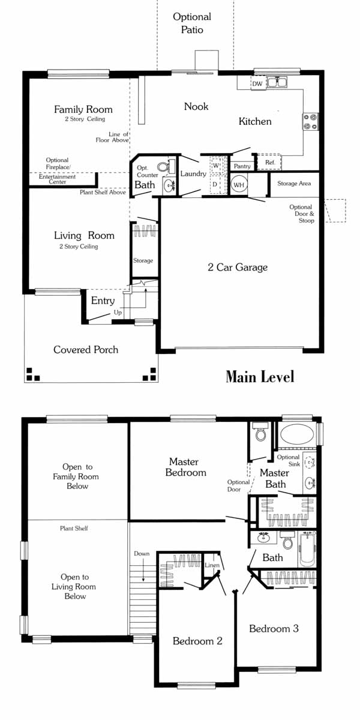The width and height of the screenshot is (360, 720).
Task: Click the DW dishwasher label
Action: point(257,84)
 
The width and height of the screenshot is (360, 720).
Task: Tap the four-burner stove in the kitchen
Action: point(311,122)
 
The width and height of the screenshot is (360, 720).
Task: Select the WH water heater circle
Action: point(239,185)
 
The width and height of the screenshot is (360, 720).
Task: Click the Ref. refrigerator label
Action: point(270,163)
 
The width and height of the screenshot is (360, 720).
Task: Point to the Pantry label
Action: point(242,166)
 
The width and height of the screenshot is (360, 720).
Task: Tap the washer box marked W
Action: point(217,165)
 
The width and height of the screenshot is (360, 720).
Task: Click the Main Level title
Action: point(260,377)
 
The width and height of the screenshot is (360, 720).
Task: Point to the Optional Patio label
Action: point(192,23)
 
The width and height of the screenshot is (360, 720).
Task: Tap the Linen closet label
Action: point(212,565)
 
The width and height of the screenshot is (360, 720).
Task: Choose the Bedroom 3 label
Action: point(274,628)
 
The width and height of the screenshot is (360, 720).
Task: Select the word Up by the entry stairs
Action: point(118,313)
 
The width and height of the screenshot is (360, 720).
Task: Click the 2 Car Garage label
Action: point(238,267)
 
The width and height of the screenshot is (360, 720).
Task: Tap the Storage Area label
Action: point(294,184)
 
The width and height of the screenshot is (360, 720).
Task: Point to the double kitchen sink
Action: point(277,82)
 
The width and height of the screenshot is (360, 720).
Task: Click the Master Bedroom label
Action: point(185,467)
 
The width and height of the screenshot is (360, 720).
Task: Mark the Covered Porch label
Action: point(86,350)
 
